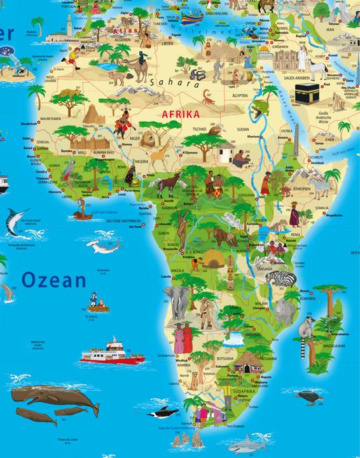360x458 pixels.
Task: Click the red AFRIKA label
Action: [181, 114]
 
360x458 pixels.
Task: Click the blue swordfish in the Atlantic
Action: [18, 219]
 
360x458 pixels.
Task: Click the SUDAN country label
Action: [244, 135]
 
